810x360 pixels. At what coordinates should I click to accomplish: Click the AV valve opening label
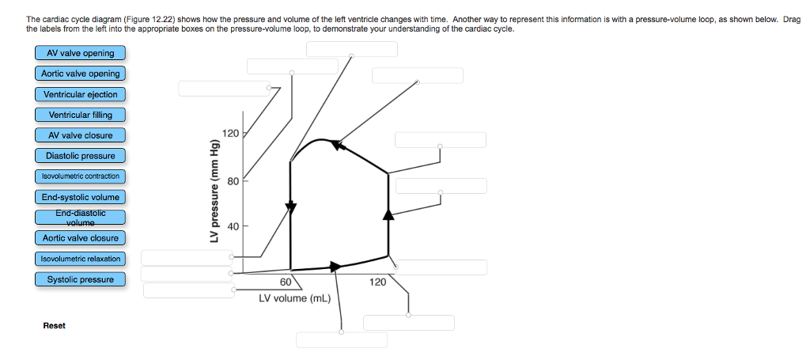click(80, 53)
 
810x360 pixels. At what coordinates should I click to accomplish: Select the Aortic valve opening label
click(80, 74)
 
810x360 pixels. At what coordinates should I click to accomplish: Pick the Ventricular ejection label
click(80, 94)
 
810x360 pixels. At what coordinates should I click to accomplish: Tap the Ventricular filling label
click(80, 115)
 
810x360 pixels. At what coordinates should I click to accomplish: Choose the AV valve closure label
click(80, 135)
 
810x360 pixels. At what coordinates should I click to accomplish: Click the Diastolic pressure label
click(80, 156)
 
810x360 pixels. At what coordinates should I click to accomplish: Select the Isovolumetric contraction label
click(80, 176)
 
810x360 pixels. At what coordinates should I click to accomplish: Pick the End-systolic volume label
click(80, 197)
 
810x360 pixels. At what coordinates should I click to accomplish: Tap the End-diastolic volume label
click(80, 218)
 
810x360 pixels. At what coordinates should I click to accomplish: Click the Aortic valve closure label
click(80, 238)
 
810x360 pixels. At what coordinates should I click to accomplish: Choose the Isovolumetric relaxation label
click(80, 259)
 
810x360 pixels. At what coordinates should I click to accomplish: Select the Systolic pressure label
click(80, 279)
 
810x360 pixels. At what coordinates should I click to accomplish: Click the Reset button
click(55, 326)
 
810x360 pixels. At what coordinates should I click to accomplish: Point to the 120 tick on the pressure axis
click(230, 133)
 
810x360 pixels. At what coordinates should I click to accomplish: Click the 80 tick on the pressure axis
click(233, 180)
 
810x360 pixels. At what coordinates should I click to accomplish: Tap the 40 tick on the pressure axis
click(233, 226)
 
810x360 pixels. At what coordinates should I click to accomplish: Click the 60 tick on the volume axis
click(286, 282)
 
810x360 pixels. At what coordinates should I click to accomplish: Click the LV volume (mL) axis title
click(294, 298)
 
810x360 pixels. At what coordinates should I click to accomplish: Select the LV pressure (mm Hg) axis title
click(212, 190)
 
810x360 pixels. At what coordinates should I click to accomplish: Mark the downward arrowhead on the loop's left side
click(291, 207)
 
